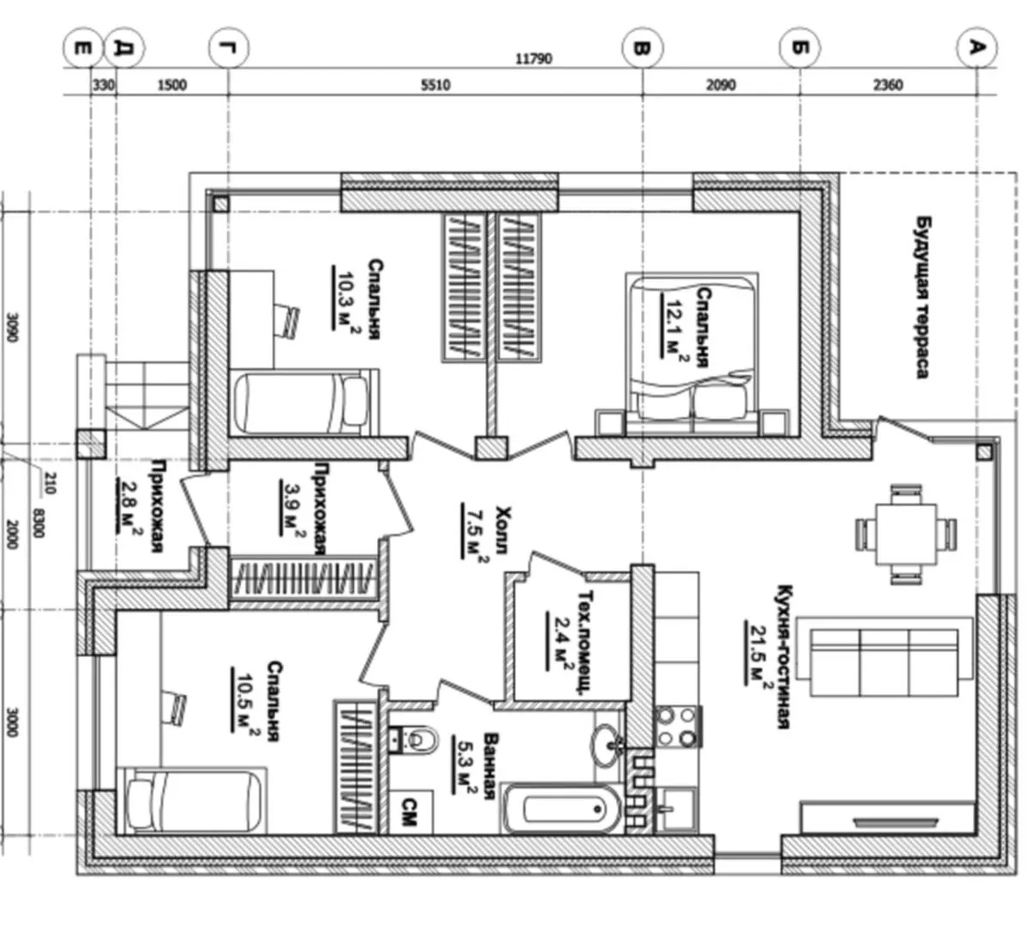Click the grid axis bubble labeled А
click(x=976, y=48)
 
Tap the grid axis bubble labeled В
click(x=642, y=48)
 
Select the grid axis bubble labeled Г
click(x=228, y=48)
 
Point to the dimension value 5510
click(x=435, y=85)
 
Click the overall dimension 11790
click(x=533, y=58)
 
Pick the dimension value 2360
click(x=888, y=85)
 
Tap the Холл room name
click(x=502, y=530)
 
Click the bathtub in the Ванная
click(x=562, y=809)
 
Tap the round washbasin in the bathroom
click(x=607, y=745)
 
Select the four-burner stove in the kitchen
click(x=677, y=727)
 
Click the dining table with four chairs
click(x=905, y=534)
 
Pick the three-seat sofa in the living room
click(x=884, y=661)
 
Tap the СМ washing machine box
click(x=410, y=812)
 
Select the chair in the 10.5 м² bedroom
click(x=174, y=707)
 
